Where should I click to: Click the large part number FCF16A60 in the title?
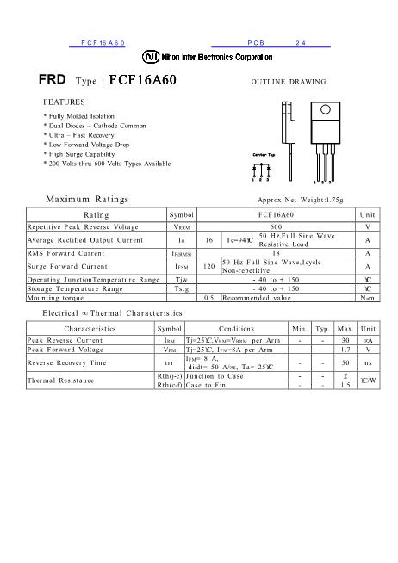142,80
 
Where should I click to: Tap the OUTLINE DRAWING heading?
288,82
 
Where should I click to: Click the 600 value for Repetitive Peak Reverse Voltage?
276,225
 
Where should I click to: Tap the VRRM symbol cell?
182,225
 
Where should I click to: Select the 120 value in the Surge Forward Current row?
208,267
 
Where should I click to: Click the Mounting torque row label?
54,297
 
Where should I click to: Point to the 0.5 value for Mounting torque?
208,297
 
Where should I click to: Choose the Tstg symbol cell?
182,288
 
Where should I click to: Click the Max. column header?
345,328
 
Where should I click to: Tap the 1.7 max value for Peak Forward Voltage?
345,350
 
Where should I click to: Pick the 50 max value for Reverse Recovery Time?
345,363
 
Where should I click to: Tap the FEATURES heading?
64,101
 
